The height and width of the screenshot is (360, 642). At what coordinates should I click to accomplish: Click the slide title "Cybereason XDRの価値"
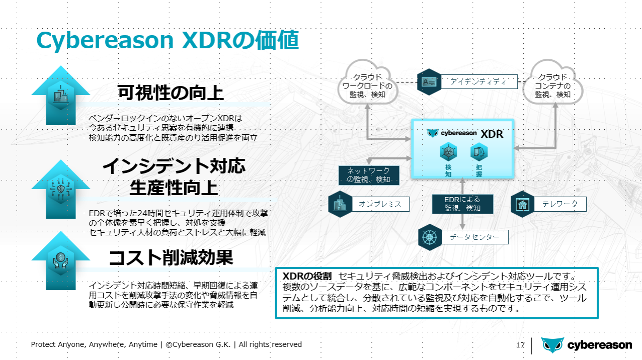coord(168,40)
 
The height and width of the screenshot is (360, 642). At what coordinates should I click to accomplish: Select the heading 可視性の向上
coord(171,93)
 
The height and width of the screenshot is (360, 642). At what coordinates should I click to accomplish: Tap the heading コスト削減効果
coord(171,257)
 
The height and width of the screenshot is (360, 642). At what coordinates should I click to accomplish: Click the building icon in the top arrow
coord(61,95)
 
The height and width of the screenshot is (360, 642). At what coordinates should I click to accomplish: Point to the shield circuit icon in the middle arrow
coord(61,189)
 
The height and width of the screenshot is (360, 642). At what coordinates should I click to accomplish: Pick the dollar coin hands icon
coord(61,260)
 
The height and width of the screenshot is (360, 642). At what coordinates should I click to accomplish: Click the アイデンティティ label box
coord(479,82)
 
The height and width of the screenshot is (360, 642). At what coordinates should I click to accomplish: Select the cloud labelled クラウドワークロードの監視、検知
coord(367,83)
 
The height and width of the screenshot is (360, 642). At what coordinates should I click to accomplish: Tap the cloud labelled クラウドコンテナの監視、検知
coord(553,83)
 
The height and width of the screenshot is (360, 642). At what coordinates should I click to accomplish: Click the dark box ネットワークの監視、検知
coord(369,175)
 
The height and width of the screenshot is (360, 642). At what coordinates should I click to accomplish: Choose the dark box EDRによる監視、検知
coord(462,204)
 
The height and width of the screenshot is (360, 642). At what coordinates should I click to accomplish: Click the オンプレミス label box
coord(380,204)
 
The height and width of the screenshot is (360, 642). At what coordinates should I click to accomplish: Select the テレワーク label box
coord(560,204)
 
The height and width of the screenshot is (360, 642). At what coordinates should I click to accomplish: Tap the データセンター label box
coord(474,237)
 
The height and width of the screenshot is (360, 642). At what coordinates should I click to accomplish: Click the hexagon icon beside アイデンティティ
coord(429,82)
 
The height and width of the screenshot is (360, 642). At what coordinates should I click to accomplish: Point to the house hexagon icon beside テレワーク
coord(522,204)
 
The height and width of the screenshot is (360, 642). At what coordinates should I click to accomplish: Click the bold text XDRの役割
coord(307,276)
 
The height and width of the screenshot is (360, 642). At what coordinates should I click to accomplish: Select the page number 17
coord(520,345)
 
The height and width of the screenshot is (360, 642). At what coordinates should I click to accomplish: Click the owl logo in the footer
coord(552,345)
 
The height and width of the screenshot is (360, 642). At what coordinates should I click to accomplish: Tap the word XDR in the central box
coord(492,134)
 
